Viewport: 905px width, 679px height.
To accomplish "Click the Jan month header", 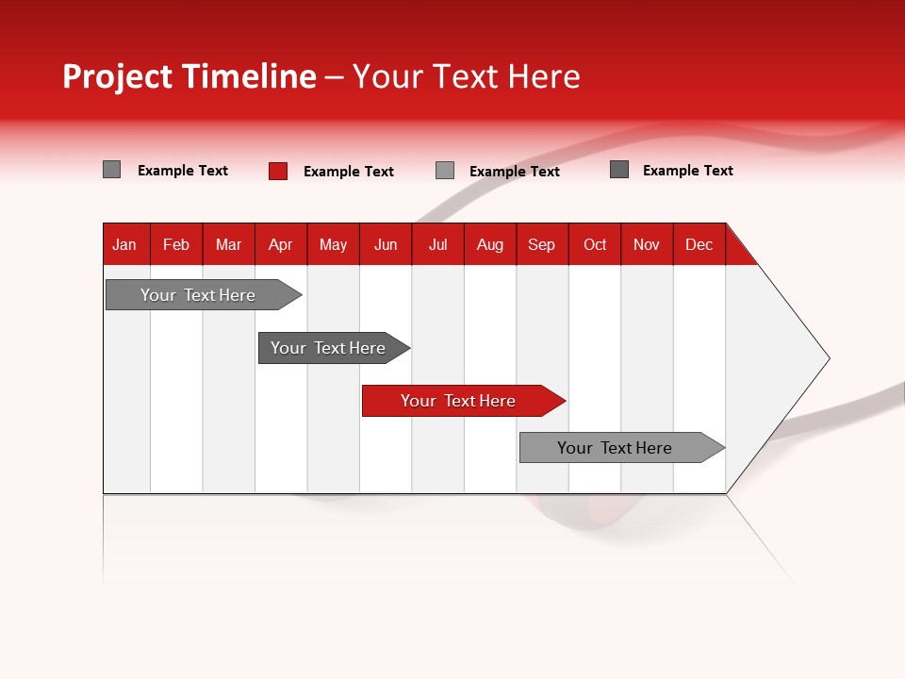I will [x=125, y=244].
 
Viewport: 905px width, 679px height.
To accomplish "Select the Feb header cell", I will [x=176, y=244].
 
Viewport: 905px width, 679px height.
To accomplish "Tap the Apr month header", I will [x=281, y=244].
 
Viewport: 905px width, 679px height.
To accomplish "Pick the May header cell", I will [x=333, y=244].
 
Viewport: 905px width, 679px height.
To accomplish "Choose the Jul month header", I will [x=437, y=244].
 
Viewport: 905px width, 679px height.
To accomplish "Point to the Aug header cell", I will [x=490, y=244].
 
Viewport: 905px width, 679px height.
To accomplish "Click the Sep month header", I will [x=542, y=244].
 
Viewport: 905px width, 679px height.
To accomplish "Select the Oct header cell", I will [x=595, y=244].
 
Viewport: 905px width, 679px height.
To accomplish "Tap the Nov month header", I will [x=647, y=244].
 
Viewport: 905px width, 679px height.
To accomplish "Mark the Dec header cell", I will [x=699, y=244].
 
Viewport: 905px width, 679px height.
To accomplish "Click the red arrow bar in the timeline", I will [x=462, y=401].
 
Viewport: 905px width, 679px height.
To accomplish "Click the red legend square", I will [x=278, y=171].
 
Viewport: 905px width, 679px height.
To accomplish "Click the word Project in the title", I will [x=118, y=76].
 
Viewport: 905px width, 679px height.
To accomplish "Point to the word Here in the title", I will [x=544, y=76].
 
